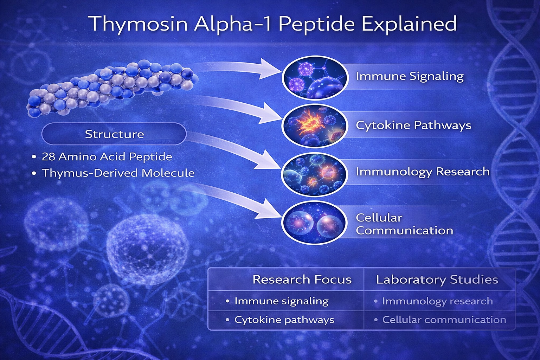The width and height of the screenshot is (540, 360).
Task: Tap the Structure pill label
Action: click(114, 134)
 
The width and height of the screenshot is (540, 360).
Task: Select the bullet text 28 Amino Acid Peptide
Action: click(107, 157)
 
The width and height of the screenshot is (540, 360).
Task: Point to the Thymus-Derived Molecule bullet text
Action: click(118, 173)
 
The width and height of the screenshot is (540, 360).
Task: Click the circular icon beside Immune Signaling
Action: click(315, 78)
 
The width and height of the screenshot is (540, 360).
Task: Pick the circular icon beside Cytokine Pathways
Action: click(315, 126)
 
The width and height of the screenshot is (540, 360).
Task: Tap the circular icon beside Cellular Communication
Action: click(314, 223)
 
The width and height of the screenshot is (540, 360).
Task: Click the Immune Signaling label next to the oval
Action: click(410, 76)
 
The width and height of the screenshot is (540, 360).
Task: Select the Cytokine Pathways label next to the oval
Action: click(413, 126)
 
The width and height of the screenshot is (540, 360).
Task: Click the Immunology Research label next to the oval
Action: click(423, 172)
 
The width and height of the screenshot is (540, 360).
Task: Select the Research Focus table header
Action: click(302, 279)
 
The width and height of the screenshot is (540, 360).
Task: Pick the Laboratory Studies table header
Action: click(437, 280)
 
